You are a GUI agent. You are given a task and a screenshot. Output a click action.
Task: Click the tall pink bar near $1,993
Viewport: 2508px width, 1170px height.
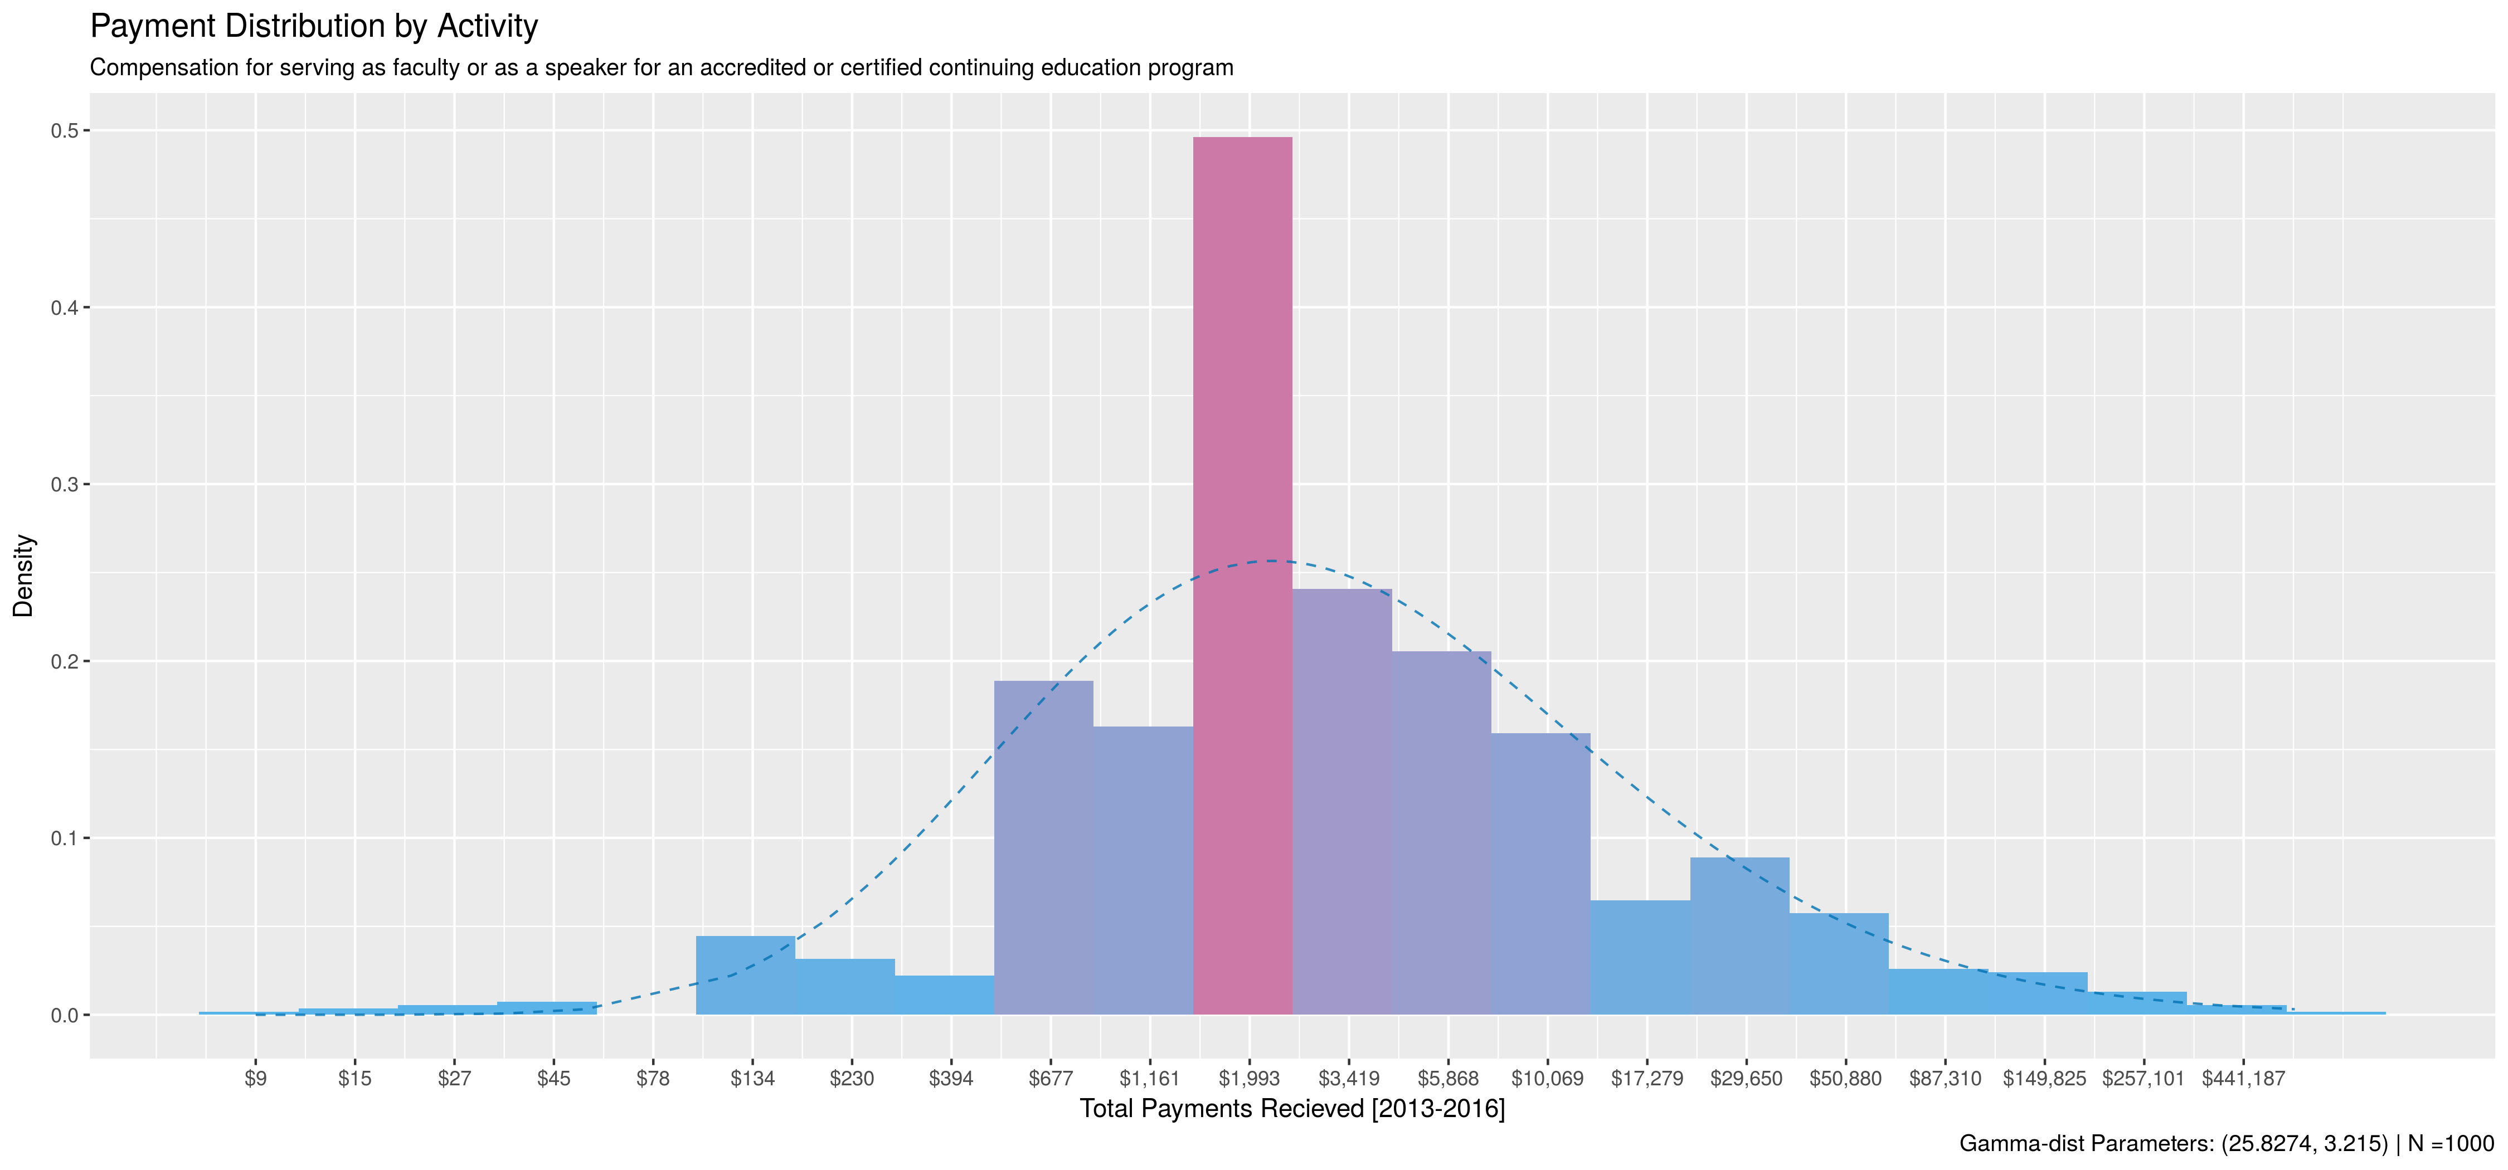tap(1242, 574)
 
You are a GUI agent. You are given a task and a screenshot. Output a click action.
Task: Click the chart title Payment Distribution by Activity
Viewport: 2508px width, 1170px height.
tap(313, 26)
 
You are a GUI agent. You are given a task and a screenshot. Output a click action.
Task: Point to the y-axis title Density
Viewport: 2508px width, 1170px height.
tap(23, 576)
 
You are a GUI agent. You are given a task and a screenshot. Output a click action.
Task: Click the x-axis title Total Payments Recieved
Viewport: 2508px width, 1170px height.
tap(1292, 1109)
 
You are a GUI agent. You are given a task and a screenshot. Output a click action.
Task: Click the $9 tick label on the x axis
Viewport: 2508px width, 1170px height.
tap(255, 1079)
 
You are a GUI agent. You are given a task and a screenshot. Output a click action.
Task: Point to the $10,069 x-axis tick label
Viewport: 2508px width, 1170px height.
tap(1547, 1079)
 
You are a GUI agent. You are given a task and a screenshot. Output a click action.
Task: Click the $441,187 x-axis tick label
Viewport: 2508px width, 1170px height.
tap(2243, 1079)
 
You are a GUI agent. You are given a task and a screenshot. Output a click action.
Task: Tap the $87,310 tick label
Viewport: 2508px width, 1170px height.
tap(1945, 1079)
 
